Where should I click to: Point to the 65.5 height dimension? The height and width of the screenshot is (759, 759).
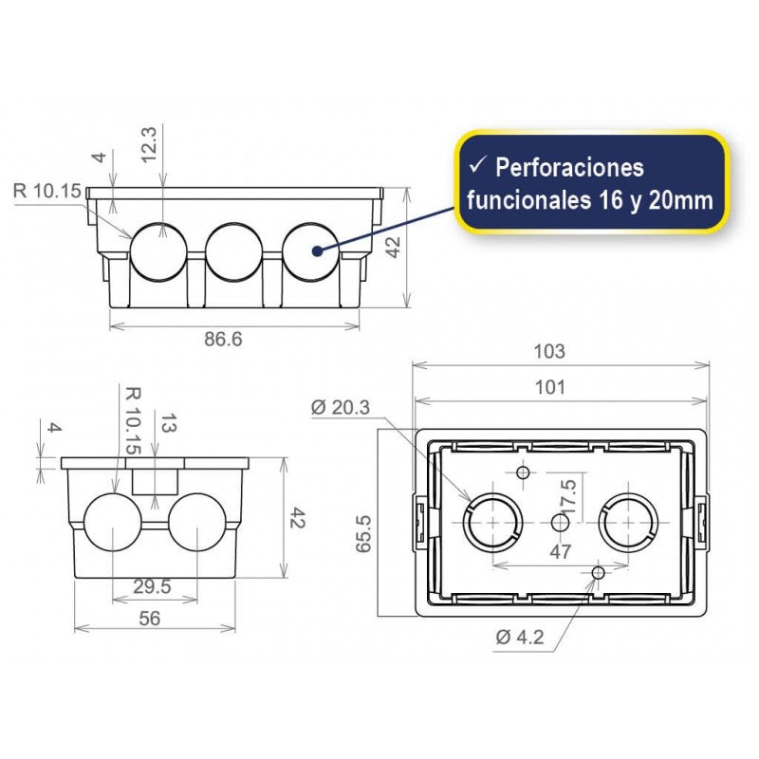pyautogui.click(x=362, y=544)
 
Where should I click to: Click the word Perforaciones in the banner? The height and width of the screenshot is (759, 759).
pyautogui.click(x=569, y=168)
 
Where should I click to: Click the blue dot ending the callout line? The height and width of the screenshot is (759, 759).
pyautogui.click(x=317, y=250)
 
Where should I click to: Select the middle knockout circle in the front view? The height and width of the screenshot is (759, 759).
pyautogui.click(x=234, y=250)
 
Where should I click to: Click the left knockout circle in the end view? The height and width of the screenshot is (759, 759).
pyautogui.click(x=115, y=523)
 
